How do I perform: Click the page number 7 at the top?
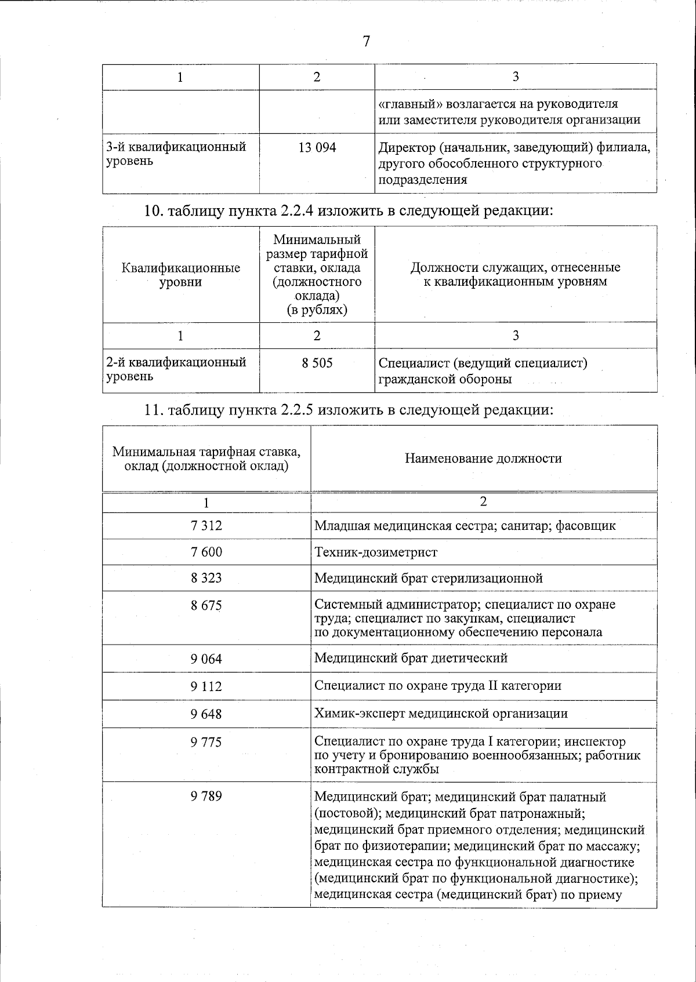click(366, 41)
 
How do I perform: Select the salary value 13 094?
click(317, 148)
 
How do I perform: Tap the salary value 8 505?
click(317, 363)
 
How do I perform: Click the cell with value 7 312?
click(206, 526)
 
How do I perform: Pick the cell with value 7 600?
click(206, 552)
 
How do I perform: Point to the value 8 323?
click(206, 578)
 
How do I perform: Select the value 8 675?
click(206, 605)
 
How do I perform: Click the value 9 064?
click(206, 659)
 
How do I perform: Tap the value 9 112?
click(206, 686)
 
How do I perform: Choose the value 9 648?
click(206, 714)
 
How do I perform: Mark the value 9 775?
click(206, 742)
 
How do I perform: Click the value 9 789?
click(206, 796)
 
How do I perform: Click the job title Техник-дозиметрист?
click(375, 552)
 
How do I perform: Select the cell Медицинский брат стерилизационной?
click(428, 578)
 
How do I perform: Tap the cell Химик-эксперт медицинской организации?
click(441, 714)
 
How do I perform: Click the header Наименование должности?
click(483, 459)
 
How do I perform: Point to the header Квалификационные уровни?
click(181, 275)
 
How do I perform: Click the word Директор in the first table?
click(404, 148)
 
